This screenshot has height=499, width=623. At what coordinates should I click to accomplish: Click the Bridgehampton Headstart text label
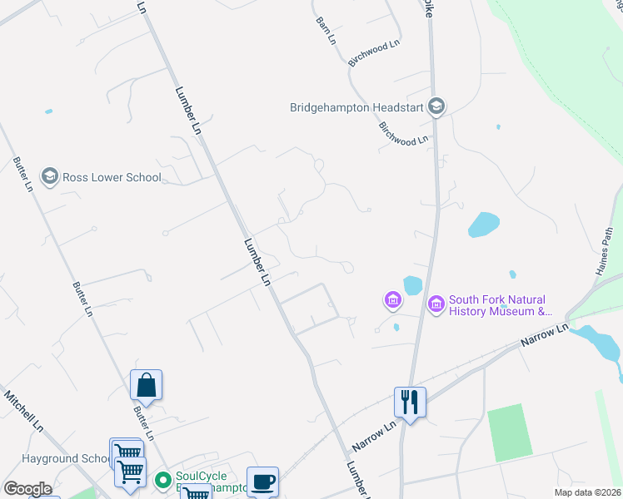coord(356,107)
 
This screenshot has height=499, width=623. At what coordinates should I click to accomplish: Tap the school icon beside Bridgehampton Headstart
coord(436,106)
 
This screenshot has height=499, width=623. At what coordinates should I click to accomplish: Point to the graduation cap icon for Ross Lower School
coord(49,176)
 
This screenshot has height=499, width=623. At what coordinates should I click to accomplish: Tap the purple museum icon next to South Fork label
coord(436,305)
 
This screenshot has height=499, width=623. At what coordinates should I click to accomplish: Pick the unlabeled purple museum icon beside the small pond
coord(391,299)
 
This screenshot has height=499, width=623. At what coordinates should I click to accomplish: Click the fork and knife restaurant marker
coord(409,403)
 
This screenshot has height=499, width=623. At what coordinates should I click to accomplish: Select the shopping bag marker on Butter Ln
coord(146,385)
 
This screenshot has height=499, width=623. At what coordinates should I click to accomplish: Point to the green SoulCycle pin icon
coord(163,480)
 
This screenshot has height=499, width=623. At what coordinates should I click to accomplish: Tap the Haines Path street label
coord(606,253)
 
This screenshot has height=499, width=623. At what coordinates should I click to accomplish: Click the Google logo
coord(27,488)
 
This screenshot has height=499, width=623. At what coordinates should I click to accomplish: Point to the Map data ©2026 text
coord(587,492)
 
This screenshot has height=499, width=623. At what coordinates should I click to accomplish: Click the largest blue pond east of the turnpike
coord(484,225)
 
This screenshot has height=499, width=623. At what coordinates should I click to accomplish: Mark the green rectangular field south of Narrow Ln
coord(510,432)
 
